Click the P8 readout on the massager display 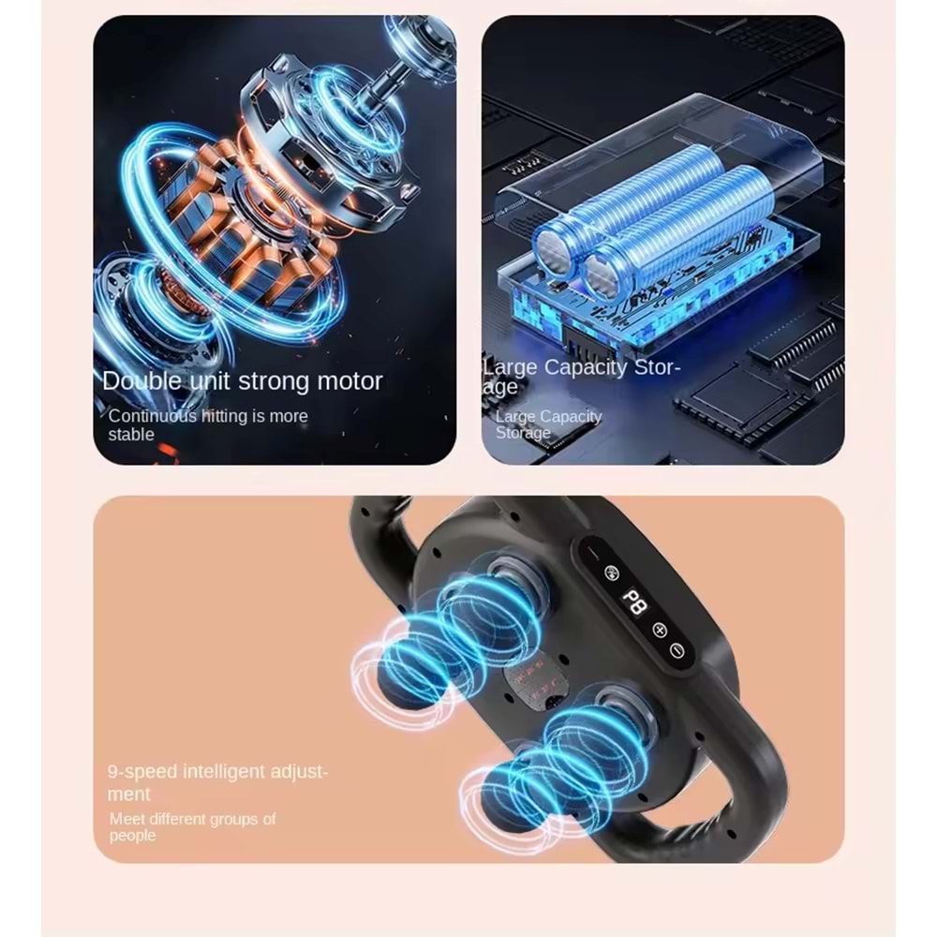(634, 602)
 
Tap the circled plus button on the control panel (659, 630)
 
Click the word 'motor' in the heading (350, 380)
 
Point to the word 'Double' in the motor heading (141, 380)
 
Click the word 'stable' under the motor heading (131, 435)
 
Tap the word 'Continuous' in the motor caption (153, 416)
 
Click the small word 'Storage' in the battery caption (523, 432)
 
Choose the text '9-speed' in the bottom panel (142, 771)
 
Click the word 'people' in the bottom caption (132, 836)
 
